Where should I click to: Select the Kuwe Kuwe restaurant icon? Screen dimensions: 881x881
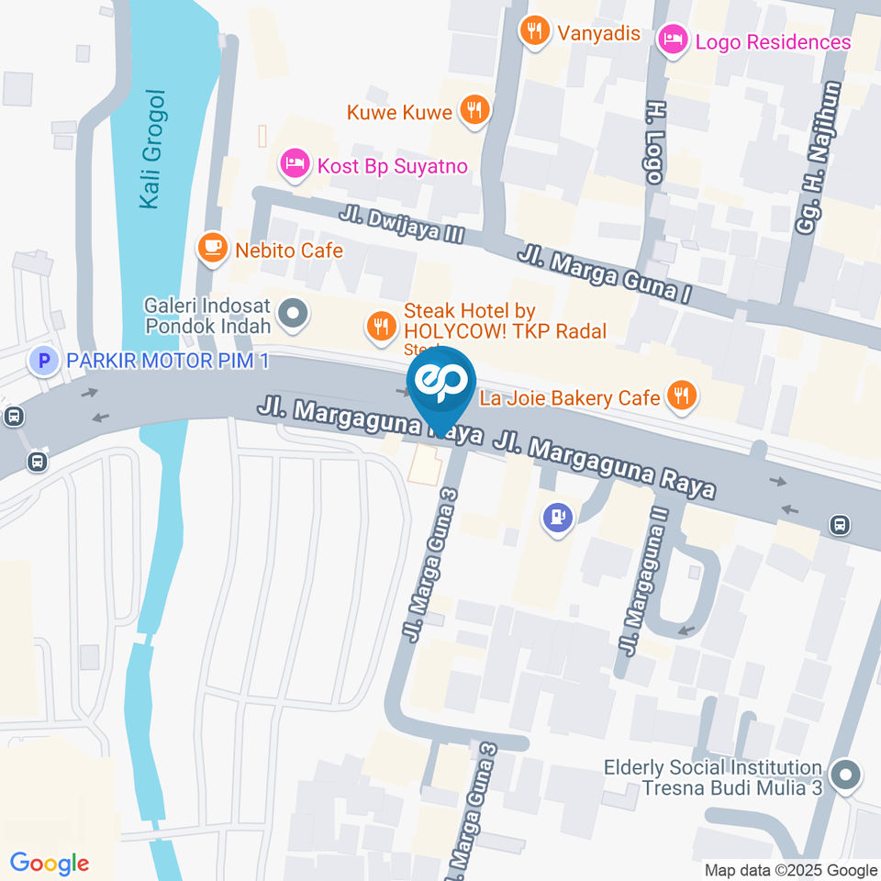point(474,111)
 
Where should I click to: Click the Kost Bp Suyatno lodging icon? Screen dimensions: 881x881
point(293,165)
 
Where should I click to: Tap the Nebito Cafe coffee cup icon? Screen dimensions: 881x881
point(212,248)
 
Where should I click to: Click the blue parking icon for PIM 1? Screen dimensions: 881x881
point(41,360)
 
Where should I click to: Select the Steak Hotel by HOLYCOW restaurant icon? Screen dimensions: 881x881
point(379,324)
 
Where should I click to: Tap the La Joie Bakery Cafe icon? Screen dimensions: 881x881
point(680,396)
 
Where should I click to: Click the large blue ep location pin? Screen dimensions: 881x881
point(442,384)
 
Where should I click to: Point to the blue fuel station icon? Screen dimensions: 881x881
point(557,519)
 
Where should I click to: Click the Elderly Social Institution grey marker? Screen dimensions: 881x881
point(845,777)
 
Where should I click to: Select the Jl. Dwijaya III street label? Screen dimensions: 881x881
point(401,224)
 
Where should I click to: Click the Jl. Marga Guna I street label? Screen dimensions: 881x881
point(603,275)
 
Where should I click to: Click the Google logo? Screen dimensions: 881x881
point(50,864)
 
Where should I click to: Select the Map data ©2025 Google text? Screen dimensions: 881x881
point(790,870)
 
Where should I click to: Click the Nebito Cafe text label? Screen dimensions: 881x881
point(288,251)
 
